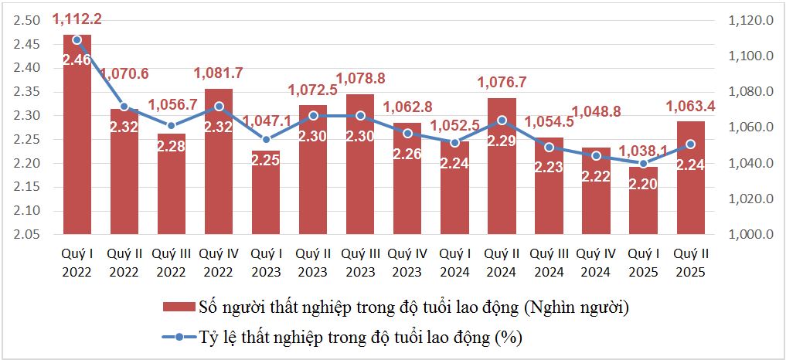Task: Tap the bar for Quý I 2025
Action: (643, 201)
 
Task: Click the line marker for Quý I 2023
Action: (266, 140)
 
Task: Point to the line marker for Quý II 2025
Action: (691, 144)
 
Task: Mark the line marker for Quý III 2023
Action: (360, 116)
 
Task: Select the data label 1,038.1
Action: (643, 151)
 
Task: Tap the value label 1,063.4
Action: (691, 105)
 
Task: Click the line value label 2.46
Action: (77, 59)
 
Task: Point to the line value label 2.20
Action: (643, 183)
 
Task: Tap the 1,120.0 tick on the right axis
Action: (750, 21)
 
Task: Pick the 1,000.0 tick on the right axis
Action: (750, 234)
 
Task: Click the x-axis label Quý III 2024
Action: (549, 262)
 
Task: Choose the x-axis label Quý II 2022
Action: (124, 262)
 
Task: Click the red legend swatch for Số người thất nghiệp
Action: (179, 307)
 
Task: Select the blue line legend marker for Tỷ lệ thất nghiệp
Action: (179, 337)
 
